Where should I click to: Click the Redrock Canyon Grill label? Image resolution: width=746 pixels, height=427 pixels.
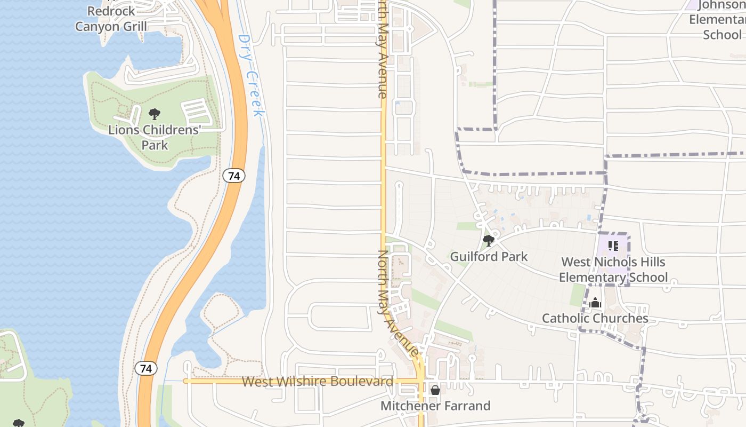(111, 19)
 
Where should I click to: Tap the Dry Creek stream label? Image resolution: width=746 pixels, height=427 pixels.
(250, 75)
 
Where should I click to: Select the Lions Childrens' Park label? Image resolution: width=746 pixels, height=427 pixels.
(155, 137)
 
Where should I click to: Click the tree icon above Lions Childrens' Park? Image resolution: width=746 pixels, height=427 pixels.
(155, 114)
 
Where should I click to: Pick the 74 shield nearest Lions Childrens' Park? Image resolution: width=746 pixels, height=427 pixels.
(234, 175)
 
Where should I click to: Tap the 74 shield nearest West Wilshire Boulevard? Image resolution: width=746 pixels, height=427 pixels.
(146, 368)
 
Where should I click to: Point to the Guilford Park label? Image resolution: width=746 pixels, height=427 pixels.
(489, 257)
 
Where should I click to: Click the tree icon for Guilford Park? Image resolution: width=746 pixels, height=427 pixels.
(488, 241)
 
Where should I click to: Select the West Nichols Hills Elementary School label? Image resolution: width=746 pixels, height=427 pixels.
(613, 270)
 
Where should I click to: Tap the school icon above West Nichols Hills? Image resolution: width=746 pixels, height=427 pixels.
(613, 246)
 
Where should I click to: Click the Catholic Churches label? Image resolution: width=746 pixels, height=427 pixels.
(595, 319)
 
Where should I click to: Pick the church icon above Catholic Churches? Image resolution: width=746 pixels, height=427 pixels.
(595, 303)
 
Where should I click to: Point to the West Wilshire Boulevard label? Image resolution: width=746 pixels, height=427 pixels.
(317, 382)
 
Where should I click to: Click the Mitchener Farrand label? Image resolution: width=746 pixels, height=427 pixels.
(435, 406)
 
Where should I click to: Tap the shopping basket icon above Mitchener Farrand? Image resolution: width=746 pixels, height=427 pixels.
(435, 390)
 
